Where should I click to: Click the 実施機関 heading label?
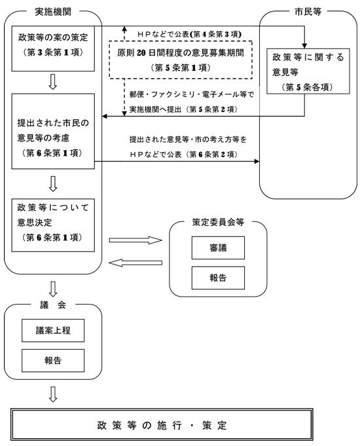coord(53,11)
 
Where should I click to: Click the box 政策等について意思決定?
coord(53,223)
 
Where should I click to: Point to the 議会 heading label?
coord(53,307)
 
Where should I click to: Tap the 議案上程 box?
coord(53,331)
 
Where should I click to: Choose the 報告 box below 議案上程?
coord(53,360)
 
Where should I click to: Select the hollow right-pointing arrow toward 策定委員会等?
coord(135,241)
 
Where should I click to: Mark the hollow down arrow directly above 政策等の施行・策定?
coord(53,394)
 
